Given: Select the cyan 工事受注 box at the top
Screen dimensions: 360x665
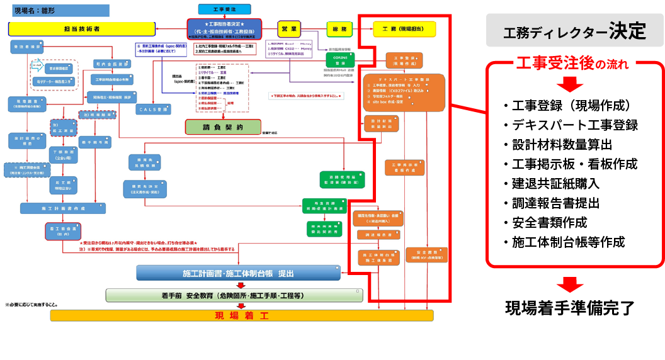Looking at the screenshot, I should coord(224,9).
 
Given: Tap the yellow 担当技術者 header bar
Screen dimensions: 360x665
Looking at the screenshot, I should coord(82,29).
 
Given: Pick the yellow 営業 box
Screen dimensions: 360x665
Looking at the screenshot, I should coord(290,29).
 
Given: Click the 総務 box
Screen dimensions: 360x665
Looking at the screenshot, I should coord(340,29).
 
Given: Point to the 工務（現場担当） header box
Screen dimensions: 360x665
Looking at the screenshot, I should coord(403,29).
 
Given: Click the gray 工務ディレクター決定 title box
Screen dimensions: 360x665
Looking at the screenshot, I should coord(574,30).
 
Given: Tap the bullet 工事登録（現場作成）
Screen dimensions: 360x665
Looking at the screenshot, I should coord(571,106).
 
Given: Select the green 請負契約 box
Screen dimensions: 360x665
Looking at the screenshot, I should coord(223,127).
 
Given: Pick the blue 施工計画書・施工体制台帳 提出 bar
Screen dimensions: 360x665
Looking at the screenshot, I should coord(239,273).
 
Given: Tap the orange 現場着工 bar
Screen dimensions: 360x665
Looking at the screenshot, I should coord(242,315).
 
